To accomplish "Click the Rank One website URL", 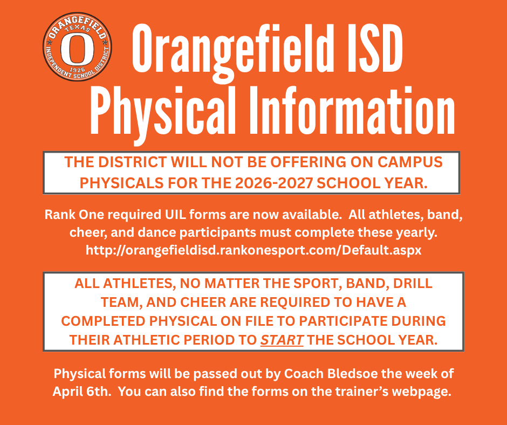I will [x=253, y=250].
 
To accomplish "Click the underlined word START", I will [x=282, y=340].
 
